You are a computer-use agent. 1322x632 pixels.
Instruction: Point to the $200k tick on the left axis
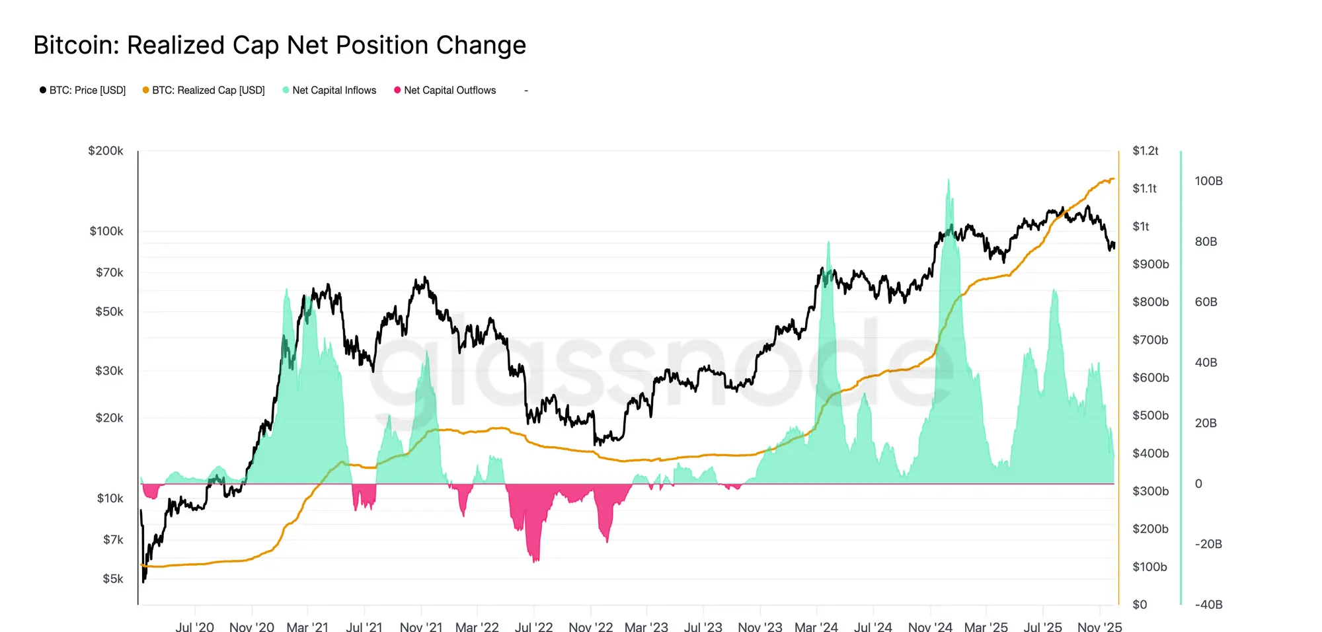pos(106,151)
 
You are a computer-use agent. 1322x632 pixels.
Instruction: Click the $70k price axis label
pos(109,272)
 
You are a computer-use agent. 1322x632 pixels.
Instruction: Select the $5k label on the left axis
pos(112,578)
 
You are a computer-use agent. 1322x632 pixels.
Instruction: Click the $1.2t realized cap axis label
pos(1145,151)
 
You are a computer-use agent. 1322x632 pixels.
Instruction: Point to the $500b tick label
pos(1150,415)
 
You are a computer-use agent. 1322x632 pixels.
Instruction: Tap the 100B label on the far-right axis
pos(1208,181)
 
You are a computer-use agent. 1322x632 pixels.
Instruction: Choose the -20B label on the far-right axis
pos(1208,544)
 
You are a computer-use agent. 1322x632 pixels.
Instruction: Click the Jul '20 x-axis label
pos(194,626)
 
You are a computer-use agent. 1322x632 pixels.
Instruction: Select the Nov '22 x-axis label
pos(590,626)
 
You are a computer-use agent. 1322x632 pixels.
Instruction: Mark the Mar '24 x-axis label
pos(816,626)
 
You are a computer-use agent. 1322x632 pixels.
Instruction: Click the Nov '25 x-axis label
pos(1099,626)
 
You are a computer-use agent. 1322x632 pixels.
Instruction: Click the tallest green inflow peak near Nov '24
pos(949,180)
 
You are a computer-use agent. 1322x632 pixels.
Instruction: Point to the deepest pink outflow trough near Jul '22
pos(535,561)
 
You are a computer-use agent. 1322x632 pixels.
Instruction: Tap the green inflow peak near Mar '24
pos(828,243)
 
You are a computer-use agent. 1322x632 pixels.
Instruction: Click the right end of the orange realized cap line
pos(1114,178)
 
